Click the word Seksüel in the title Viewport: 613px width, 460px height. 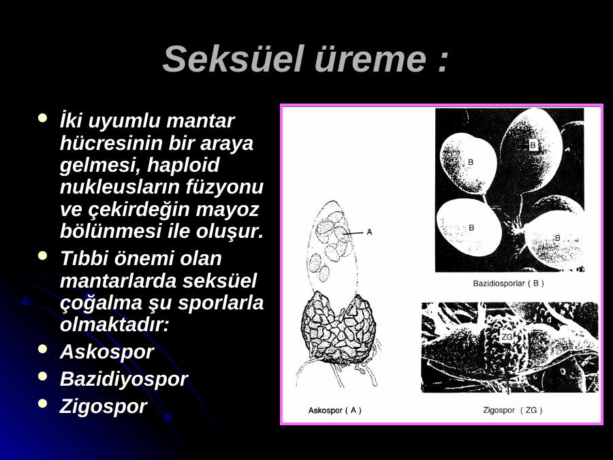tap(234, 59)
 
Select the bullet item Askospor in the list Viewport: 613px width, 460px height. tap(106, 352)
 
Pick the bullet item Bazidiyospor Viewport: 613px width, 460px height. tap(123, 379)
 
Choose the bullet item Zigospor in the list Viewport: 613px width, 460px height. tap(104, 406)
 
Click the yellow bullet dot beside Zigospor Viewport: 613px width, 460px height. tap(43, 403)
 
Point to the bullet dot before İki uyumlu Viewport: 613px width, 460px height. tap(43, 117)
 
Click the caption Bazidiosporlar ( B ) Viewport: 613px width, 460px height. tap(508, 283)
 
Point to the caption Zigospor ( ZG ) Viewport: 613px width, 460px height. tap(512, 410)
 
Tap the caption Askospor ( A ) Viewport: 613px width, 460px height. tap(334, 410)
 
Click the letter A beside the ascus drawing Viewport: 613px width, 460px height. tap(369, 232)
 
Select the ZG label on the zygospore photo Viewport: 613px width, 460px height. tap(507, 337)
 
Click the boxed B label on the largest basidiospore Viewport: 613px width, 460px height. tap(533, 146)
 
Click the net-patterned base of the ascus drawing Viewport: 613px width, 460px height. tap(339, 328)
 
